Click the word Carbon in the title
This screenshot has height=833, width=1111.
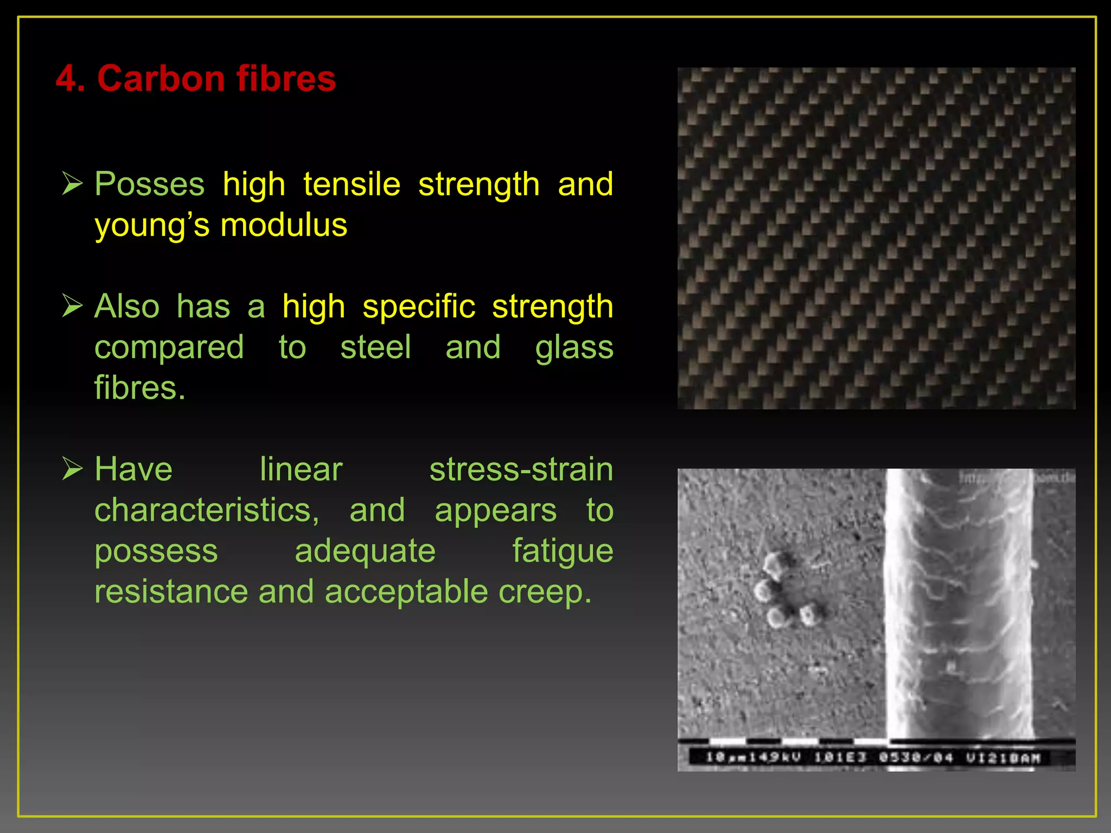coord(161,79)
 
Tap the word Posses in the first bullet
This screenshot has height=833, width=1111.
coord(150,184)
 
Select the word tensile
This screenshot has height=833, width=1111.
coord(352,184)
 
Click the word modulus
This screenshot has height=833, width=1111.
coord(284,225)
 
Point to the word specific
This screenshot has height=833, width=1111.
coord(419,306)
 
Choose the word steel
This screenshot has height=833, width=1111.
coord(375,347)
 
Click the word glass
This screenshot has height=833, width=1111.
coord(574,347)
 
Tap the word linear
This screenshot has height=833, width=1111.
coord(301,469)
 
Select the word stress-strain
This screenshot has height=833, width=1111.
coord(521,469)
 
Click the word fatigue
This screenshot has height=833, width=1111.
coord(563,551)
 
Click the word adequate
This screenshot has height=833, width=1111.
coord(365,551)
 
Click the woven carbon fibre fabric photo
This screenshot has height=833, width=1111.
coord(876,238)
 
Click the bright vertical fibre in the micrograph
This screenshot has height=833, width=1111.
coord(959,602)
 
